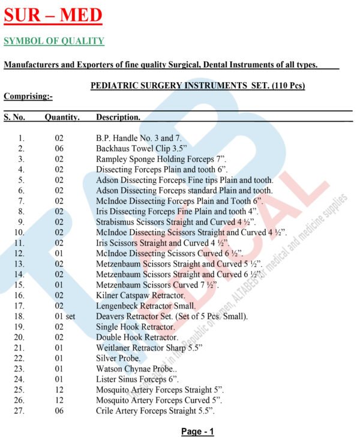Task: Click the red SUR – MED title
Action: [x=53, y=16]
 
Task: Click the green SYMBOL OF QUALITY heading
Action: [x=54, y=41]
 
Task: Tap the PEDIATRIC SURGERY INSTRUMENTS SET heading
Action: [x=197, y=86]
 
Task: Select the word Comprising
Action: [x=28, y=96]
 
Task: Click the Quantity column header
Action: [x=62, y=117]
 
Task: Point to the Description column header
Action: [x=118, y=117]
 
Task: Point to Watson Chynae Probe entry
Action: [x=136, y=369]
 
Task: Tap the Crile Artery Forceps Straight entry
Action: [x=155, y=411]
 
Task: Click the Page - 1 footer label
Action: [x=197, y=431]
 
